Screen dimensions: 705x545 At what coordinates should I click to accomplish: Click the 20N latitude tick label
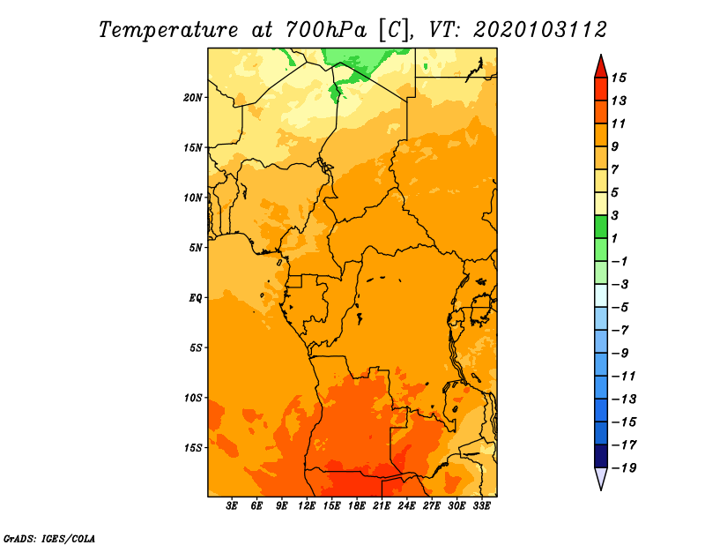(x=193, y=98)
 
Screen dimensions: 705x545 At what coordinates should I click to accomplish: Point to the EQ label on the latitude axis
(x=196, y=298)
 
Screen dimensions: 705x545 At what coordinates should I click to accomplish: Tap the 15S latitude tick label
(x=193, y=448)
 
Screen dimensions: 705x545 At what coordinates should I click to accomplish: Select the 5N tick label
(x=196, y=248)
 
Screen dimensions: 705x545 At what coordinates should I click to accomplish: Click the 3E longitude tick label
(x=232, y=506)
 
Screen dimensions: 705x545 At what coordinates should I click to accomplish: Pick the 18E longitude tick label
(x=357, y=506)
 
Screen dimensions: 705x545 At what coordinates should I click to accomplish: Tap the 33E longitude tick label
(x=481, y=506)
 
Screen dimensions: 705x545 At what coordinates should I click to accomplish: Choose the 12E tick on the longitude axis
(x=307, y=506)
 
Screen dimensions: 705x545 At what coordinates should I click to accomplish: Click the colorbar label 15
(x=619, y=78)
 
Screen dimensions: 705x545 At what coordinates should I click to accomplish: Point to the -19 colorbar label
(x=624, y=468)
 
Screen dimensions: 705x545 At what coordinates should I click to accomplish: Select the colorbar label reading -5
(x=620, y=308)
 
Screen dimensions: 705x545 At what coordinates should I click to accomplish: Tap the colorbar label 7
(x=615, y=170)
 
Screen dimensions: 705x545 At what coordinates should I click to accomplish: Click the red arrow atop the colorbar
(x=601, y=68)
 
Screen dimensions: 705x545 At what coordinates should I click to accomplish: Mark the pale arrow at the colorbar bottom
(x=601, y=477)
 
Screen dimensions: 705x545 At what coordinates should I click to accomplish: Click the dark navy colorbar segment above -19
(x=601, y=456)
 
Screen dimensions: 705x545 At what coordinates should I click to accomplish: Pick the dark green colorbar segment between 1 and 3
(x=601, y=227)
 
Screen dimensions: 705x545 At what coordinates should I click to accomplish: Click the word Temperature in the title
(x=168, y=30)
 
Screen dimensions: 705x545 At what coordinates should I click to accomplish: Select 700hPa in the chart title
(x=325, y=30)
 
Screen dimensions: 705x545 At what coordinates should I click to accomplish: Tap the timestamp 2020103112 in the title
(x=540, y=30)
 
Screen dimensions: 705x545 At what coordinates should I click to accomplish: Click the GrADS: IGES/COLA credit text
(x=49, y=539)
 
